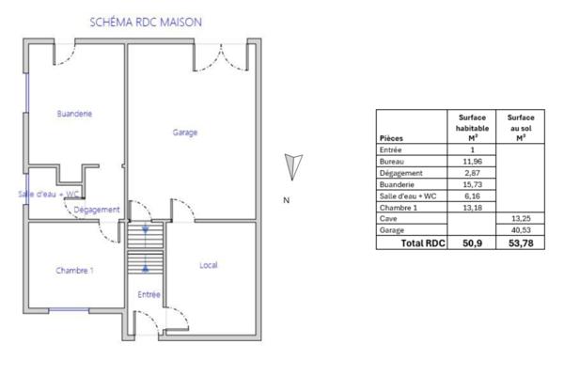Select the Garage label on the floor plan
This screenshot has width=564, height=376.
[185, 133]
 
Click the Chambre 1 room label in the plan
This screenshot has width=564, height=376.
[74, 271]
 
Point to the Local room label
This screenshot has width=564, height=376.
[209, 265]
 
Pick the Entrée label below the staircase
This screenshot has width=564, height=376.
[149, 295]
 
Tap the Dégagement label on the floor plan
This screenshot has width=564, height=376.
[97, 210]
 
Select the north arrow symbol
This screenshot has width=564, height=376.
[293, 167]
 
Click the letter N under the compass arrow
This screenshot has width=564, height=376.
[286, 200]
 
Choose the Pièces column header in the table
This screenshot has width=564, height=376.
[393, 138]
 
